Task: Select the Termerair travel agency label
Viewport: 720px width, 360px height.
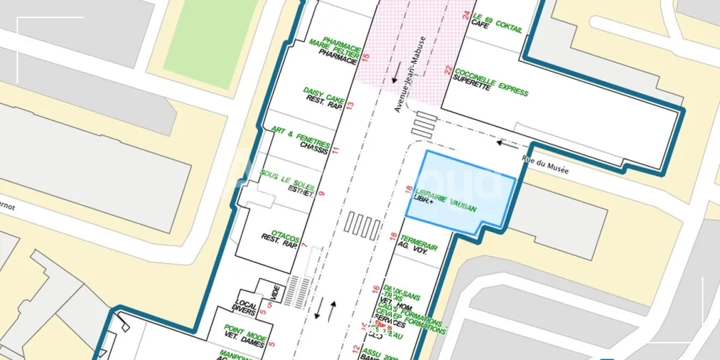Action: (419, 243)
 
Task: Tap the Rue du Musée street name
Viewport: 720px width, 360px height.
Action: (545, 165)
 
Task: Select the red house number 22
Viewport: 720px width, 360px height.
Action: (449, 70)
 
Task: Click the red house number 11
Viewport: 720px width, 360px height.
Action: (336, 149)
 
